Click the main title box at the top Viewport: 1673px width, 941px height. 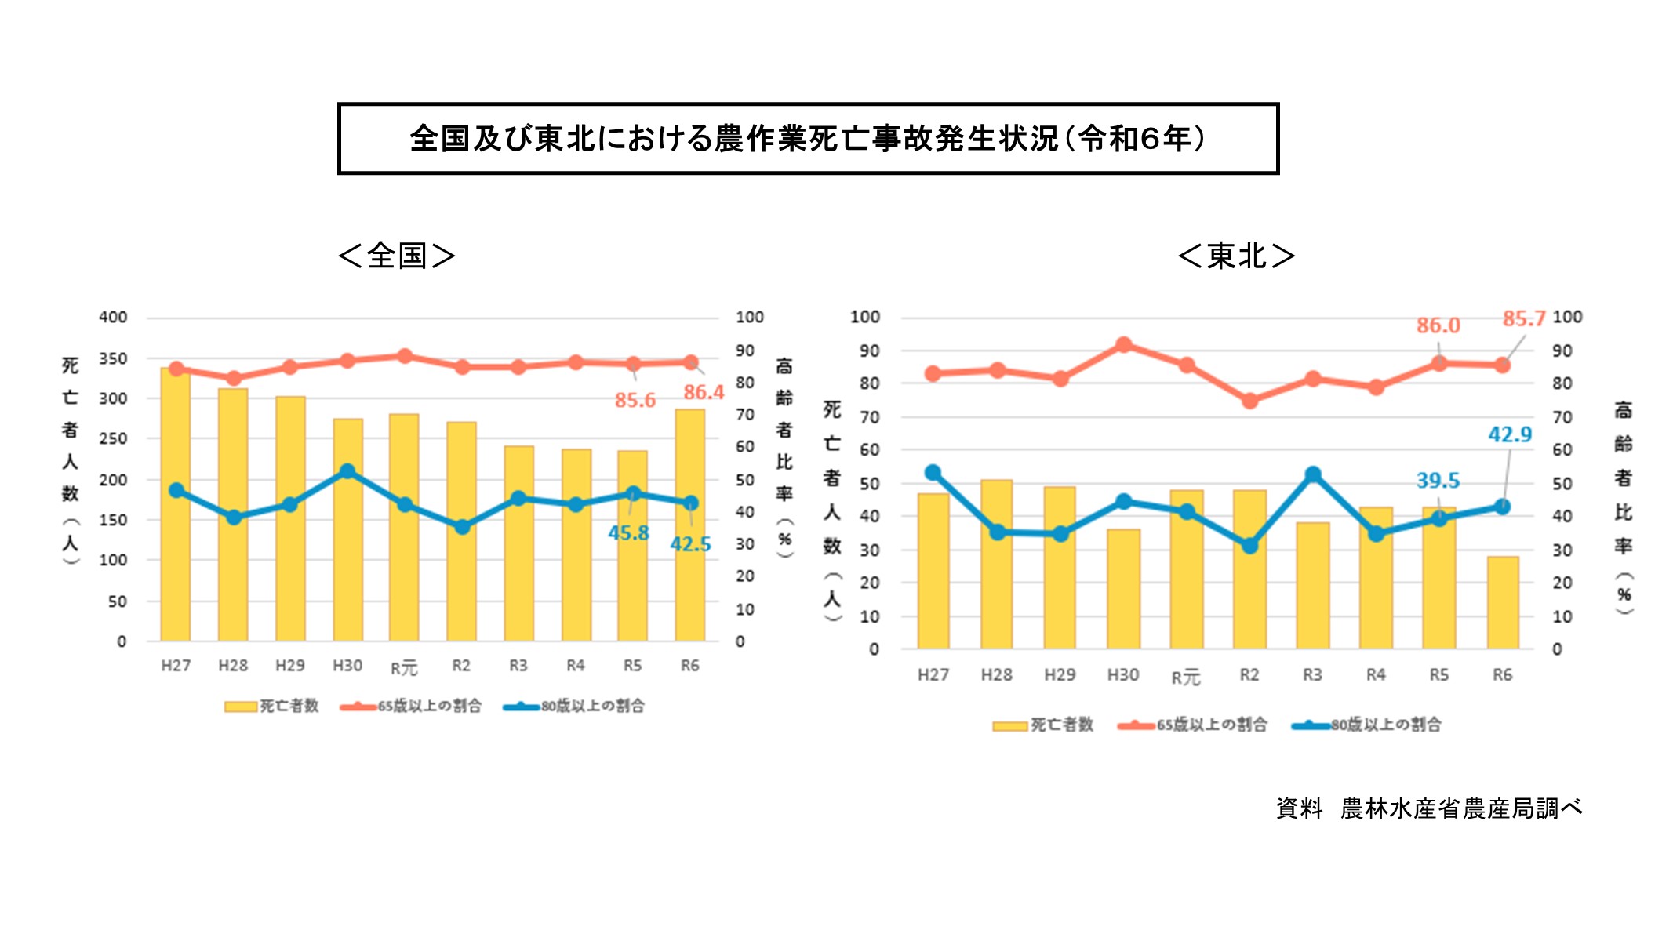[x=808, y=138]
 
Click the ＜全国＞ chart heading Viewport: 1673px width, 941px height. [x=397, y=256]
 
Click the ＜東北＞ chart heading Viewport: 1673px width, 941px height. [x=1236, y=256]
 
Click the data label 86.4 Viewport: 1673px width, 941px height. [x=704, y=392]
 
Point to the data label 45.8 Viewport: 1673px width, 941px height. [x=628, y=533]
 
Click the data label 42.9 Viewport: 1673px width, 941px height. [x=1510, y=434]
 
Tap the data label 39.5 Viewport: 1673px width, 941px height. [x=1438, y=480]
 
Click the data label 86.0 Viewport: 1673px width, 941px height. [x=1438, y=325]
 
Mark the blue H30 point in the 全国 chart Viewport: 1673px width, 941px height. [x=347, y=471]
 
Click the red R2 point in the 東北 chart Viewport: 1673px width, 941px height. [x=1249, y=401]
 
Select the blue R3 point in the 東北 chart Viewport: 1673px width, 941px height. [x=1313, y=474]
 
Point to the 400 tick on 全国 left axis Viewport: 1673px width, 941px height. [x=113, y=318]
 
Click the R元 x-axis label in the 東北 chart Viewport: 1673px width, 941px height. [x=1185, y=677]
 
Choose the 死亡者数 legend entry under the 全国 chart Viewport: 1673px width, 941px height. [x=272, y=706]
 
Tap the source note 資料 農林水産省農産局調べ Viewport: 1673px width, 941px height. [x=1429, y=808]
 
